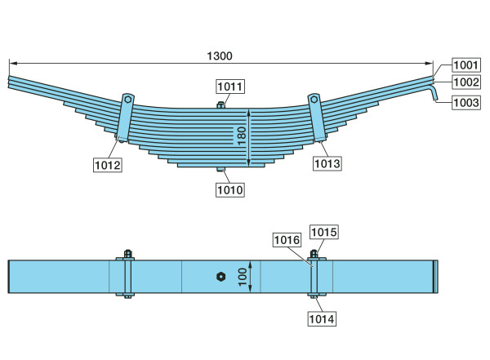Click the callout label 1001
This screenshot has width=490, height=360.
[x=466, y=65]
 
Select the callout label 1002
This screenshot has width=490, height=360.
[x=466, y=82]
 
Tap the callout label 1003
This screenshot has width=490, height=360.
[x=466, y=103]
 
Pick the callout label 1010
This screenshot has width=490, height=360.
[x=230, y=189]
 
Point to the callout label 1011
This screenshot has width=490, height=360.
[x=230, y=87]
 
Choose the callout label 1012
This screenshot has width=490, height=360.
[x=108, y=165]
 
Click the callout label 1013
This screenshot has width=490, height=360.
[x=327, y=163]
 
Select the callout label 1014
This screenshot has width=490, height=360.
[x=322, y=319]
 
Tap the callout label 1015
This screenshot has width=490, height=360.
[x=324, y=232]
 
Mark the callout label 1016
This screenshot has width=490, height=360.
[x=287, y=240]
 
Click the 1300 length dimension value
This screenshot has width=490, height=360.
[x=220, y=56]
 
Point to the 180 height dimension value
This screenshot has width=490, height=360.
[x=242, y=136]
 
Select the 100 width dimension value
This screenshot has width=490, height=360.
[x=243, y=277]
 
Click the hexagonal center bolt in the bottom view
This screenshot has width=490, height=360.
[x=221, y=277]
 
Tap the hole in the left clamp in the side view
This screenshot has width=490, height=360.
[x=128, y=100]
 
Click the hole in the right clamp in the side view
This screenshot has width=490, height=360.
[x=314, y=100]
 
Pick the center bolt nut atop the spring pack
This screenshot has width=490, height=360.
[x=220, y=105]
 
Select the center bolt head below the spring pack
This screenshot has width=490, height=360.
[x=220, y=169]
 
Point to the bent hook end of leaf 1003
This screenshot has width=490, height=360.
[x=434, y=93]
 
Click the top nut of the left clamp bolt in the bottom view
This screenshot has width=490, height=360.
[x=128, y=253]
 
